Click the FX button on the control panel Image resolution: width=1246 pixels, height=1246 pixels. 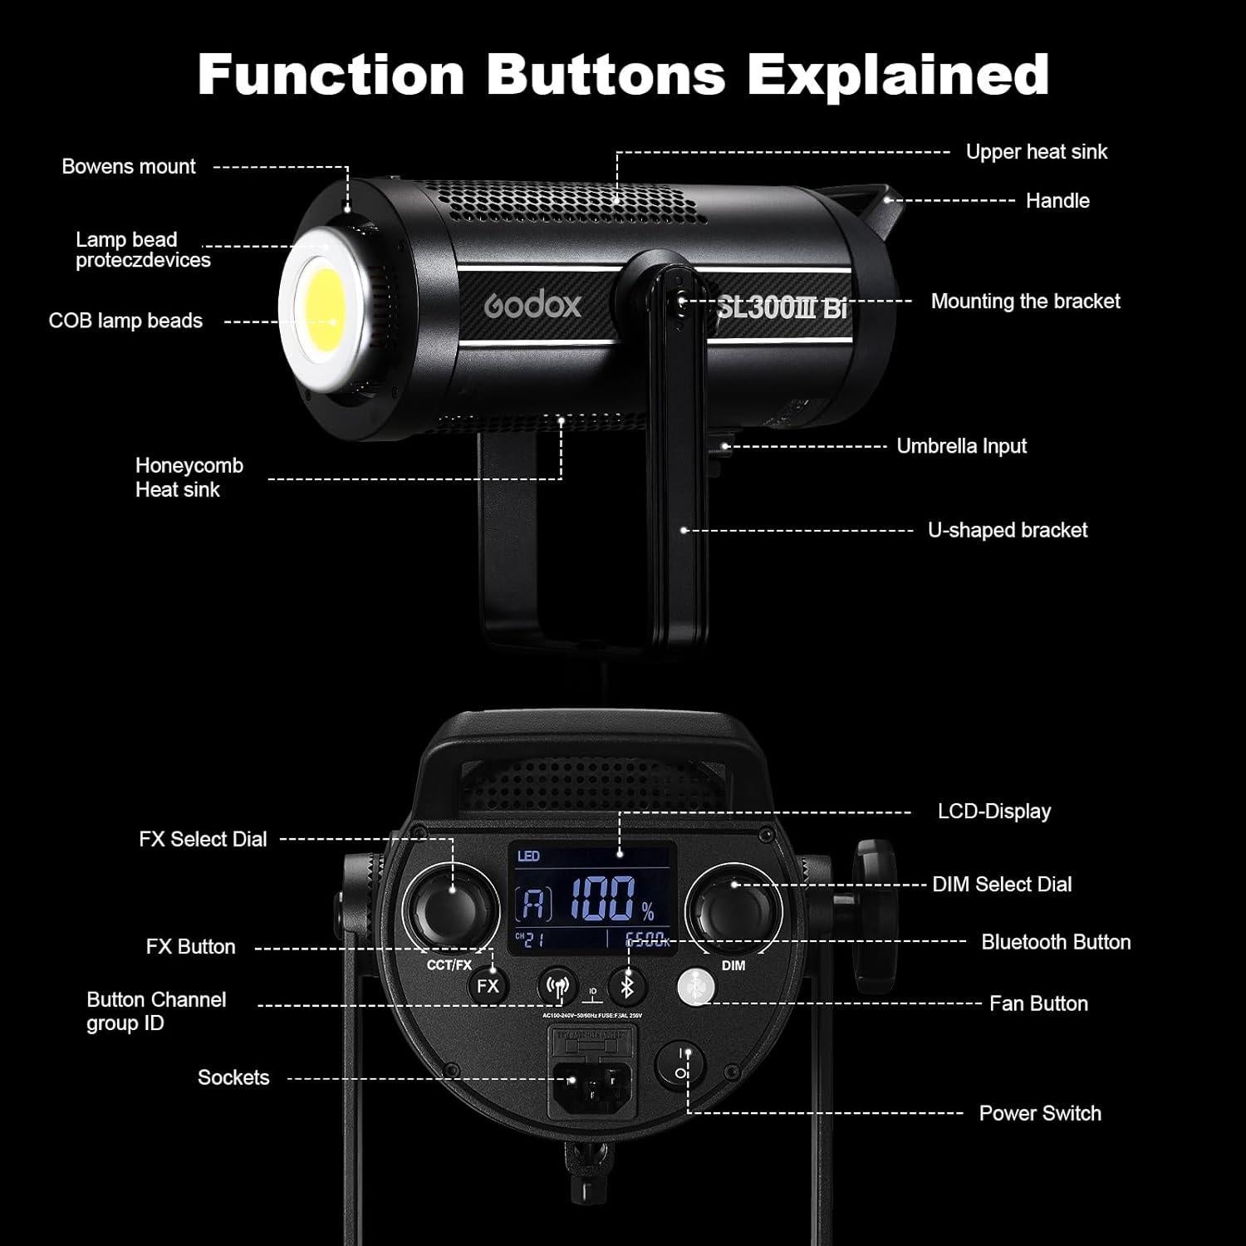(488, 986)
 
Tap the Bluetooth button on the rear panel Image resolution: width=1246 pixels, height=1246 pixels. (628, 987)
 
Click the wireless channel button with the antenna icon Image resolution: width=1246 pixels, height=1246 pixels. (557, 987)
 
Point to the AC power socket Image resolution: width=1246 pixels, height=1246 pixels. (586, 1081)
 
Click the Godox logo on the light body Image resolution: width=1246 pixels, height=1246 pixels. (532, 306)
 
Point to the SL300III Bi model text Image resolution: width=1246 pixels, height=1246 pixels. (781, 308)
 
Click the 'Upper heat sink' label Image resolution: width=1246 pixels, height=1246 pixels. (1036, 152)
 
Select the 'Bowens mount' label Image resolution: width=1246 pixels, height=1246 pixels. (129, 167)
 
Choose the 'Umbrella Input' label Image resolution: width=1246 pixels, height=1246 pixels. (961, 446)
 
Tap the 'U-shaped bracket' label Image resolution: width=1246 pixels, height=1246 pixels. (1007, 530)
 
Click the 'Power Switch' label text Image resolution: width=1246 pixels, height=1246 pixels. (1039, 1113)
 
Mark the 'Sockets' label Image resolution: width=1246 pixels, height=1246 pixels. (233, 1077)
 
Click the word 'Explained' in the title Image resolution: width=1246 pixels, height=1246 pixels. (897, 75)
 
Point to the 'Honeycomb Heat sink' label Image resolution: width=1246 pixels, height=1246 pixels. (189, 478)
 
